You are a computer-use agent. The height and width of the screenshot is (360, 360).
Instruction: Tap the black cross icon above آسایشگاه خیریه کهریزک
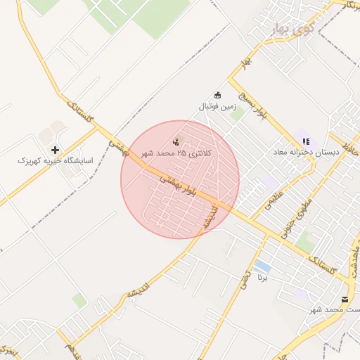pos(55,150)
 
